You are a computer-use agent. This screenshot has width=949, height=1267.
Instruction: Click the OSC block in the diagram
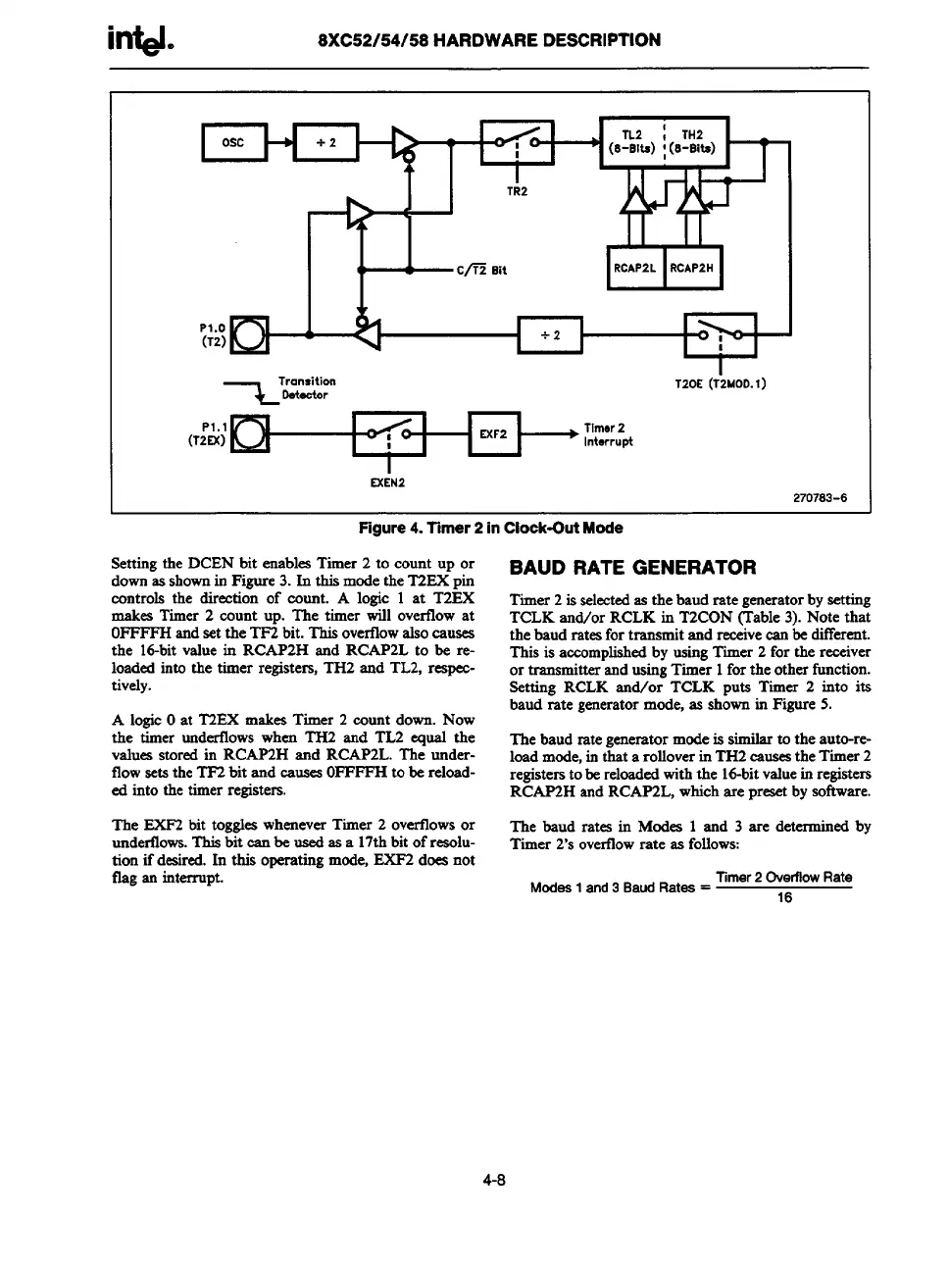tap(233, 143)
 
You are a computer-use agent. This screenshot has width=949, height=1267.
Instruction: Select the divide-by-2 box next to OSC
tap(325, 143)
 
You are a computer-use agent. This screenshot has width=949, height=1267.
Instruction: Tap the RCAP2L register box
tap(635, 268)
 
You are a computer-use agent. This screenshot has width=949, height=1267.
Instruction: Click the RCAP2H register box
tap(692, 268)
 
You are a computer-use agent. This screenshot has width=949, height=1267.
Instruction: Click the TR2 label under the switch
tap(517, 191)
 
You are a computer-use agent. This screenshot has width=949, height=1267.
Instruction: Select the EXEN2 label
tap(388, 482)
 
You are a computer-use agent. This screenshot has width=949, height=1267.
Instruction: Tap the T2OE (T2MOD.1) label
tap(721, 383)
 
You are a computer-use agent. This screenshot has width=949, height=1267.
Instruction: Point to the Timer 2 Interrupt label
tap(608, 434)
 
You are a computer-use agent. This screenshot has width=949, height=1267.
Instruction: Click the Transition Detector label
tap(306, 387)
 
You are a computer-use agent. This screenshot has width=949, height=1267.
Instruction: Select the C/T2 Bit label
tap(481, 270)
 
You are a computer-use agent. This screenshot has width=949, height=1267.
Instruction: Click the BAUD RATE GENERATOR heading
tap(632, 568)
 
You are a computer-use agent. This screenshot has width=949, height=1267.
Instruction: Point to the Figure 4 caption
tap(490, 529)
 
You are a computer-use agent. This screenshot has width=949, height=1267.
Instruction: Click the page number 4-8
tap(492, 1181)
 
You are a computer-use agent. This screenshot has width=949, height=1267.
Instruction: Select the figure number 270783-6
tap(819, 498)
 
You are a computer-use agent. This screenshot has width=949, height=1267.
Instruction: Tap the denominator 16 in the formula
tap(783, 897)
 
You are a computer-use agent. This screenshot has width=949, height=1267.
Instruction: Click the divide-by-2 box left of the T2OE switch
tap(550, 335)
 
